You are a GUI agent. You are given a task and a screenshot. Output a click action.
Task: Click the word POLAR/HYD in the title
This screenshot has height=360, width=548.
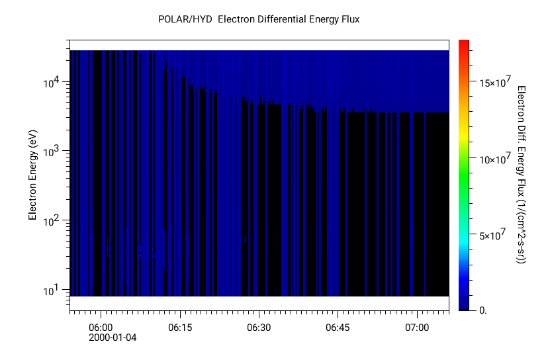click(185, 19)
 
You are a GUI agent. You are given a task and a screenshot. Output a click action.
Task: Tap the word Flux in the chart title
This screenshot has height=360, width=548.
click(348, 19)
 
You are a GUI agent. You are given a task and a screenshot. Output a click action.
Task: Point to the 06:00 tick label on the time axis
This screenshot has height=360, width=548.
click(101, 328)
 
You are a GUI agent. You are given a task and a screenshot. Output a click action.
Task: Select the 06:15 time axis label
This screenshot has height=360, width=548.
click(180, 328)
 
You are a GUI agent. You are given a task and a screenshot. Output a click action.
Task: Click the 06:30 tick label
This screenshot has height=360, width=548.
click(259, 328)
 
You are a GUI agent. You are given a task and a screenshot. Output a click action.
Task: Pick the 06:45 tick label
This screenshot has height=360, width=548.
click(338, 328)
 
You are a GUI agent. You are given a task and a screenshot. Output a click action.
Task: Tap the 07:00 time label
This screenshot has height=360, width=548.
click(417, 328)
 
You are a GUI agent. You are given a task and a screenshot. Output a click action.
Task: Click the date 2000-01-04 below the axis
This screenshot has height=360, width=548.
click(113, 337)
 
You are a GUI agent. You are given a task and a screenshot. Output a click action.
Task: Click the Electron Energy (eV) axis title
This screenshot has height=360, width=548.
click(31, 175)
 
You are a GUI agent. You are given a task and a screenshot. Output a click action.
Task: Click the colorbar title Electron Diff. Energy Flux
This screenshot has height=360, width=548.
click(522, 175)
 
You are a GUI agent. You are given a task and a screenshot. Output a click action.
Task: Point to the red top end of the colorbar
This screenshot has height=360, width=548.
click(464, 43)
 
